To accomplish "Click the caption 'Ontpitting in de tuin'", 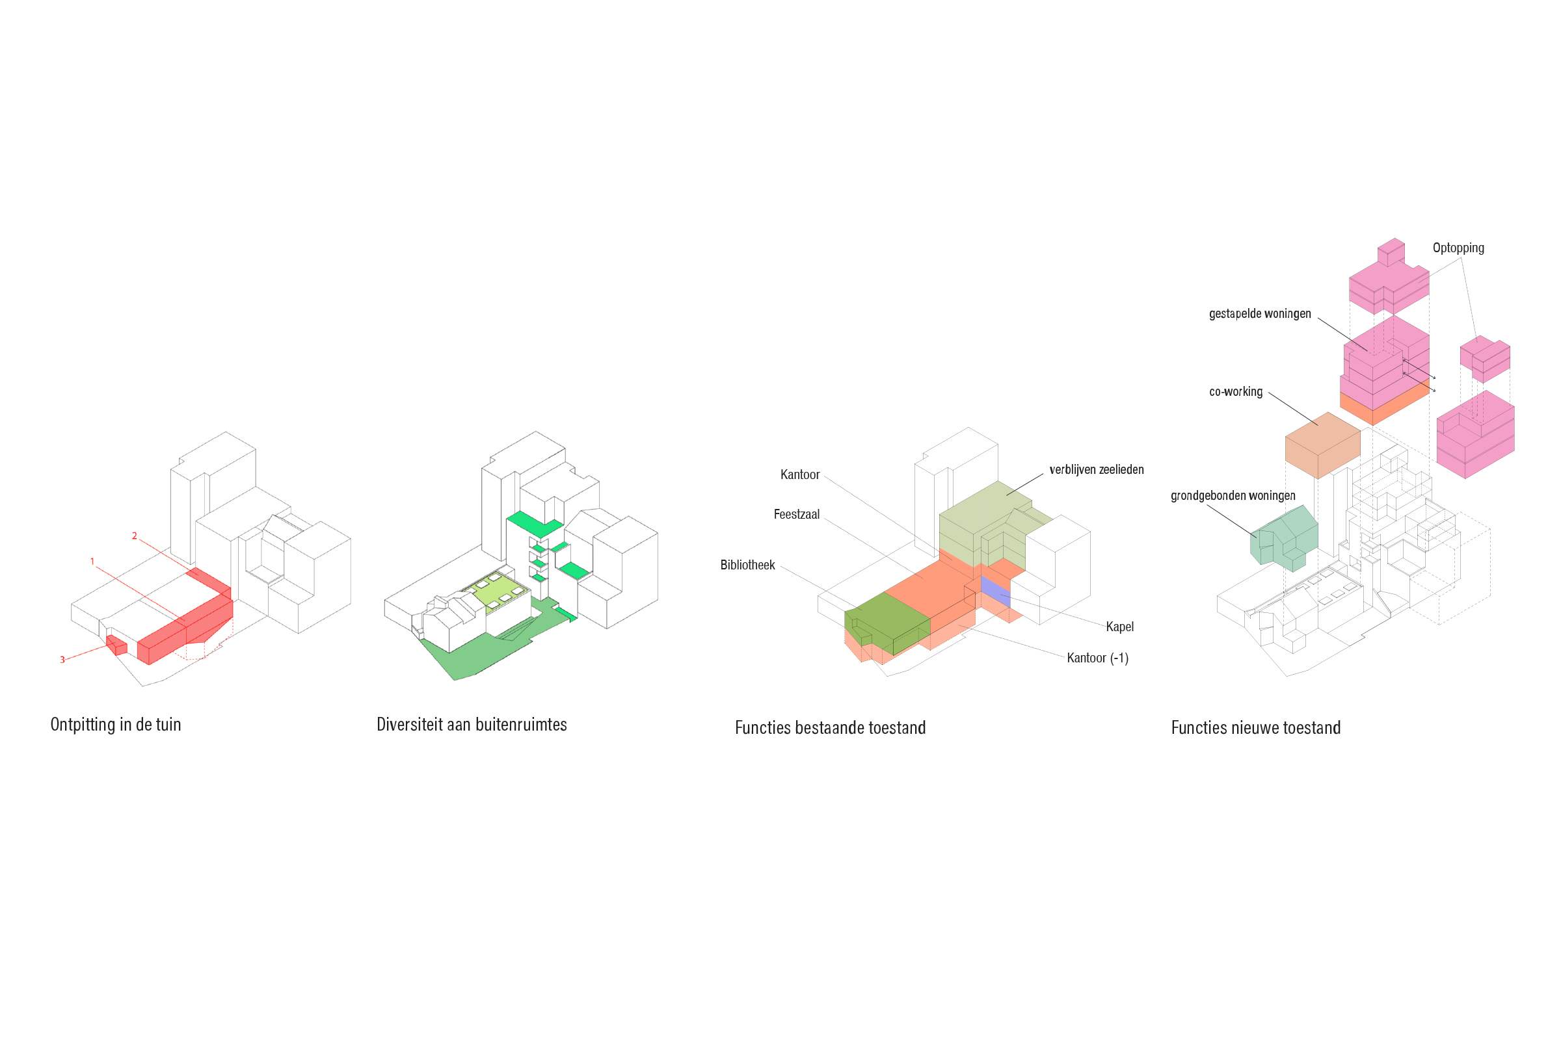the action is [x=116, y=724].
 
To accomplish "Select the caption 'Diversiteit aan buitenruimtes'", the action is [x=472, y=724].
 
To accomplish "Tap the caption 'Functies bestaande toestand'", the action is [x=831, y=727].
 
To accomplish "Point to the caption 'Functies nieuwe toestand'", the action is [x=1256, y=727].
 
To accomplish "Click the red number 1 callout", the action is [x=92, y=562].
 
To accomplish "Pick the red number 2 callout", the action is [x=134, y=536].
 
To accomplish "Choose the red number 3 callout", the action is [x=62, y=660].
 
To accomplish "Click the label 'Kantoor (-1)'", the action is [x=1098, y=658].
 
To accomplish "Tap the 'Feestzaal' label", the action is [x=796, y=514].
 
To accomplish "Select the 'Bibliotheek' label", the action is [x=747, y=565].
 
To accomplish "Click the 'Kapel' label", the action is [x=1119, y=627].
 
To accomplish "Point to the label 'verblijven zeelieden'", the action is [x=1097, y=469].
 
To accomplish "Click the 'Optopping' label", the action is [x=1458, y=248].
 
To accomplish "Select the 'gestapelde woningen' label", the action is [x=1260, y=314].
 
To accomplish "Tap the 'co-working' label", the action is [x=1236, y=391].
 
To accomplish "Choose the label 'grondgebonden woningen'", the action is [x=1233, y=495].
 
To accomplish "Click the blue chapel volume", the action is [x=996, y=591].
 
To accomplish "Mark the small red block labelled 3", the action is [x=117, y=645].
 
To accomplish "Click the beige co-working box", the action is [x=1323, y=445].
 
